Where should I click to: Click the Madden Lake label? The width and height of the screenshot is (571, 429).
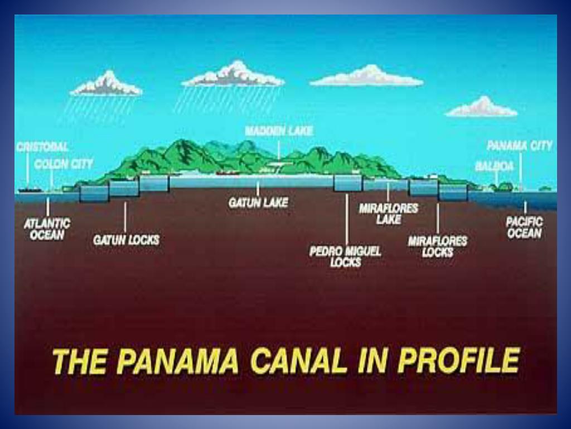point(279,131)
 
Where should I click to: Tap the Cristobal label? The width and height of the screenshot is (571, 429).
point(42,147)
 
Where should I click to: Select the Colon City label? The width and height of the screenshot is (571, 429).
point(64,164)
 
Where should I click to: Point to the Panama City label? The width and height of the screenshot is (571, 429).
point(520,146)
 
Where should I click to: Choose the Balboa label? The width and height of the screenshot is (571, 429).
point(494,166)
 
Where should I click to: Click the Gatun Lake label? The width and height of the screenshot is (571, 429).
point(258,203)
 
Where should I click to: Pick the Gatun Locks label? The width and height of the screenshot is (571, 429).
point(126,240)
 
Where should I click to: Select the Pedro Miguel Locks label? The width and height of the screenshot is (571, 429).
point(346,257)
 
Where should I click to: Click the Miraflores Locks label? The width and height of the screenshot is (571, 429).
point(438,246)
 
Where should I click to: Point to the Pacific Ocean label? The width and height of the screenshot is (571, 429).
point(524,227)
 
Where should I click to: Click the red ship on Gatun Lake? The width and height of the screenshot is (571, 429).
point(228,173)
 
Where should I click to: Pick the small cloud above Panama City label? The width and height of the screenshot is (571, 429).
point(481,107)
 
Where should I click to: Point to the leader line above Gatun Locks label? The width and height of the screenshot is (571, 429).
point(125,217)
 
